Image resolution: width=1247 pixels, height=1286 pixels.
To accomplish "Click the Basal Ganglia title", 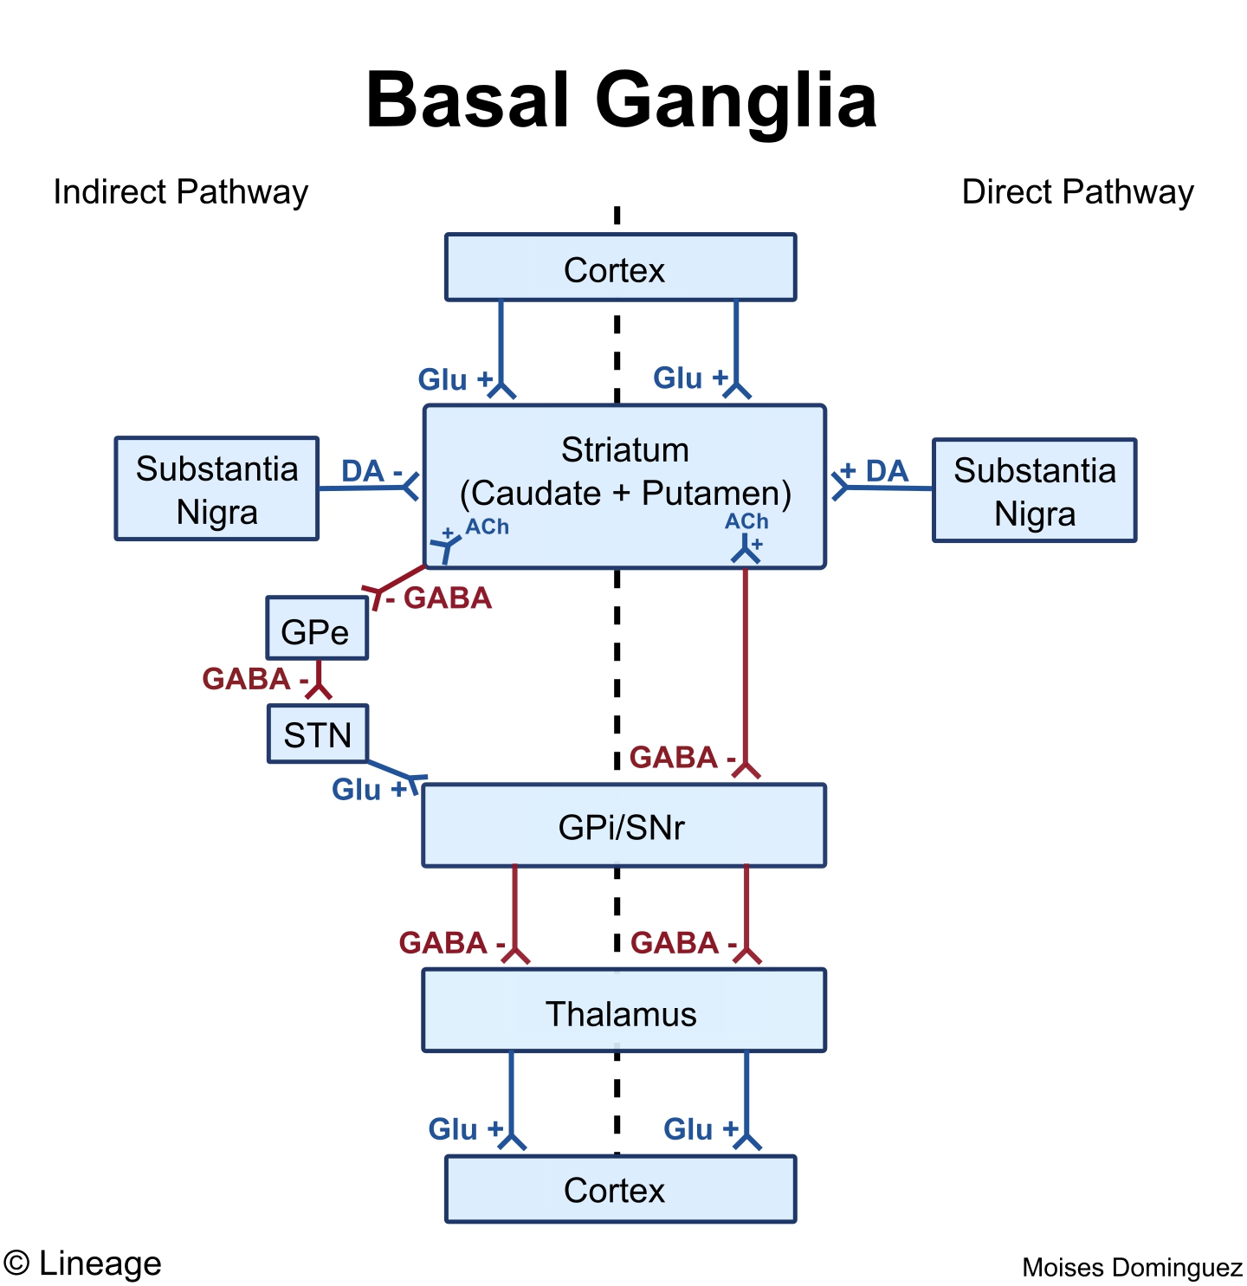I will click(621, 100).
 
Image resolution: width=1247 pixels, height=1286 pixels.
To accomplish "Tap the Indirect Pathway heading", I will click(180, 192).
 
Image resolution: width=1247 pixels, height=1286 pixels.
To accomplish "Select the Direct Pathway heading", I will click(1077, 192).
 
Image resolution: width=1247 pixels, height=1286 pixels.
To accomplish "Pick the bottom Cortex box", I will click(620, 1189).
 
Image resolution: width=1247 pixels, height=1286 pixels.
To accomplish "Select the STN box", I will click(317, 734).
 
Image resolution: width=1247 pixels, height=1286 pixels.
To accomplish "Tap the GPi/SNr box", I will click(623, 826).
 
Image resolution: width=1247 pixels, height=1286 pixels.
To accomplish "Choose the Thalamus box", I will click(623, 1011).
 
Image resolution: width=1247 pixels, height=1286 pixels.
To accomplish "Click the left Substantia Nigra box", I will click(216, 489).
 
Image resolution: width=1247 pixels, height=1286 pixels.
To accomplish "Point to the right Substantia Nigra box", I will click(1034, 491).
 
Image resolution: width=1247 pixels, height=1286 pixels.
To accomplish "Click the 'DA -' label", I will click(372, 472).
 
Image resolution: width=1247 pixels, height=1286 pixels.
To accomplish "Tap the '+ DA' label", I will click(875, 471).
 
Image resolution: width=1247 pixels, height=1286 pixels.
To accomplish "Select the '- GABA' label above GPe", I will click(440, 598).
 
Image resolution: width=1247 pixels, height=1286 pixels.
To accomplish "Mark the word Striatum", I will click(624, 450).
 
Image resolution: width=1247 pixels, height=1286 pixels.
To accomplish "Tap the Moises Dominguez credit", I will click(1131, 1267).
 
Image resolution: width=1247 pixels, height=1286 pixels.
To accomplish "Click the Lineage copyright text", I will click(83, 1263).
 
